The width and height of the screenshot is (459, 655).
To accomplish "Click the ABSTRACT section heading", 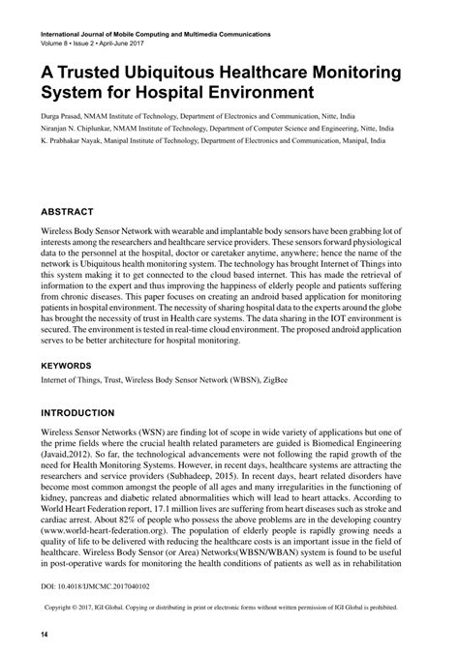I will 67,210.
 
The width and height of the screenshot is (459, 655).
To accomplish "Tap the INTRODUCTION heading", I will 78,412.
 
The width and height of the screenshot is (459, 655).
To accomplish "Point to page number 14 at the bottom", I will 45,634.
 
